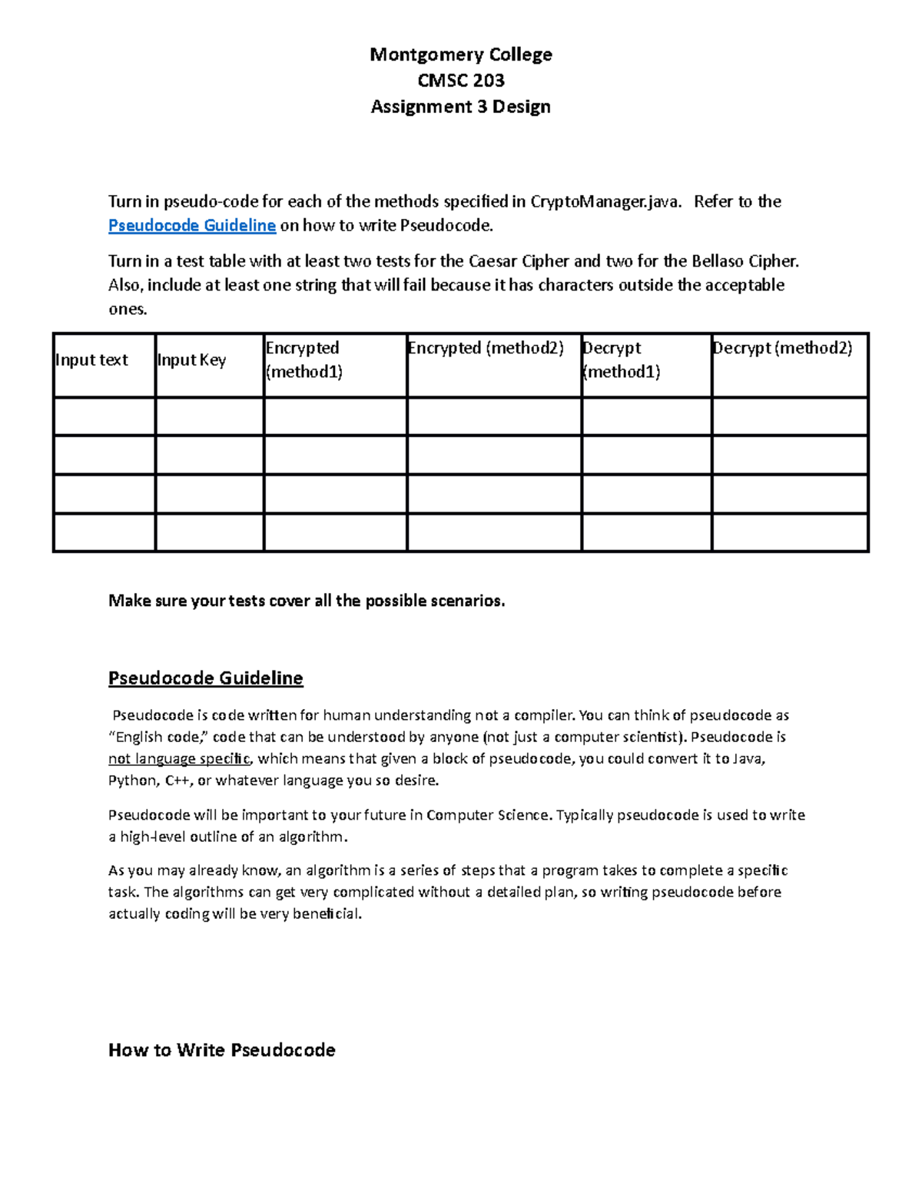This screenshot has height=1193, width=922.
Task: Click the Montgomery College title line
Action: click(x=460, y=55)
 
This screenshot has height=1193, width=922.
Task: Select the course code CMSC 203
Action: click(x=460, y=81)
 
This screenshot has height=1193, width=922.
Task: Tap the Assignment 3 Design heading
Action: click(x=460, y=107)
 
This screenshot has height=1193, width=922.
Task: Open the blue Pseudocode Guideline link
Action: click(x=191, y=226)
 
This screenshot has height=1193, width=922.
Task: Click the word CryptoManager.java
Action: click(x=605, y=202)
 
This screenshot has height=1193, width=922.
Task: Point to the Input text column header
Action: click(x=91, y=360)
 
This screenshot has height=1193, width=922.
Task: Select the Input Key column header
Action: click(x=191, y=360)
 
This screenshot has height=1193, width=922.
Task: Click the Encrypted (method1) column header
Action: click(x=303, y=360)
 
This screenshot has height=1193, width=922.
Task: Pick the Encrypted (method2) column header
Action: click(x=486, y=348)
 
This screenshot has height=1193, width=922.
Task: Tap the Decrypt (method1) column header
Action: click(x=621, y=360)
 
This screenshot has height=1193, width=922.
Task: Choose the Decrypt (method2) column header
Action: click(x=782, y=348)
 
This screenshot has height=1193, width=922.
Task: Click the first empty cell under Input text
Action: click(x=104, y=416)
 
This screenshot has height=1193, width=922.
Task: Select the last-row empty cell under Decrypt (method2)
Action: click(x=790, y=532)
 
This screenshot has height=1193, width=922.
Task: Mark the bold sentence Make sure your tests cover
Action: click(x=307, y=601)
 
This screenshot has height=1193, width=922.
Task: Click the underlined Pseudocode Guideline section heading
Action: click(x=205, y=678)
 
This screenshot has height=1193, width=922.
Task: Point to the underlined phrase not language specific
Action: click(x=179, y=759)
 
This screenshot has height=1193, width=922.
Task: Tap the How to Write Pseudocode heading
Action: click(x=221, y=1050)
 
